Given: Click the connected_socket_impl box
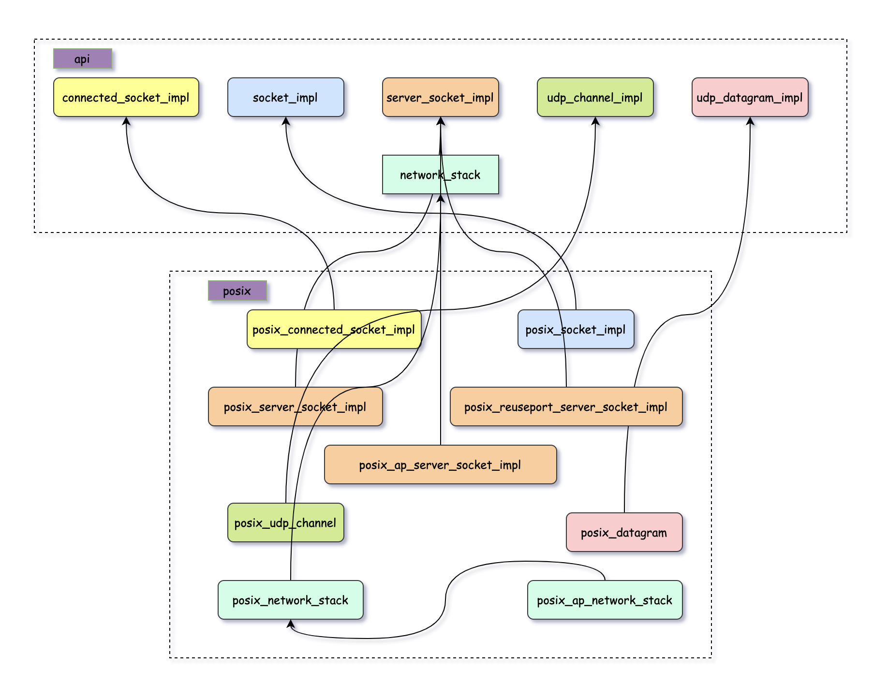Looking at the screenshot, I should click(126, 97).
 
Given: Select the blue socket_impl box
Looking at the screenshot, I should click(285, 97).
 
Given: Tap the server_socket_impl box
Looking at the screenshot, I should click(440, 97).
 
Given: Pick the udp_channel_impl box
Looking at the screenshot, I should click(595, 97).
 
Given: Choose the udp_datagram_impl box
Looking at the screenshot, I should click(750, 97).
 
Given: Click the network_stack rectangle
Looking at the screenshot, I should click(411, 174).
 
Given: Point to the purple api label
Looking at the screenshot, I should click(82, 58).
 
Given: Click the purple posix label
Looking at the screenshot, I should click(237, 290).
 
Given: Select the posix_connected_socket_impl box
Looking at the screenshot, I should click(334, 329).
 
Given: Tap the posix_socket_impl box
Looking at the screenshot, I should click(576, 329).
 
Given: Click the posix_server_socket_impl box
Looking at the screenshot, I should click(295, 407).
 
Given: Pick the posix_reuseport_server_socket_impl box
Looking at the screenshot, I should click(566, 407).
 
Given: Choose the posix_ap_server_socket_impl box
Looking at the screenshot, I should click(440, 465).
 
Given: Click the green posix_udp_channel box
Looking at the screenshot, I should click(285, 523).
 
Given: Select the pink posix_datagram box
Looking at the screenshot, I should click(624, 532).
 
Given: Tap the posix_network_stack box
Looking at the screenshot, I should click(290, 600).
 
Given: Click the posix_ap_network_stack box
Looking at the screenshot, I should click(605, 600).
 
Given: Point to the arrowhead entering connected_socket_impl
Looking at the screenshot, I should click(126, 121).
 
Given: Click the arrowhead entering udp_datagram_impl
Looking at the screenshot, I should click(750, 121).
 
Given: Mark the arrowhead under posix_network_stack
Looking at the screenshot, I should click(291, 624).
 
